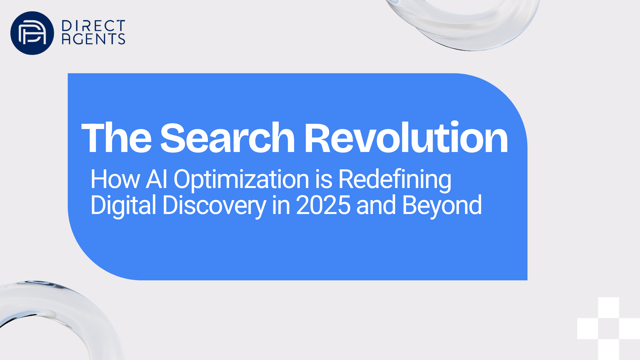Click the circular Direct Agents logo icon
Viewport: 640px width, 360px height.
[32, 33]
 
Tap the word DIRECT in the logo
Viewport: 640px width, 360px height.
[93, 26]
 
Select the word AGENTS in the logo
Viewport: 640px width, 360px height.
[93, 39]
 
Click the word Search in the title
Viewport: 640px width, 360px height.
[228, 138]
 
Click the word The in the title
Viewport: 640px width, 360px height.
[117, 138]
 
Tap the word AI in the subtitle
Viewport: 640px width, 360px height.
[157, 179]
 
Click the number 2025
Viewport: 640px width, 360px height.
[323, 205]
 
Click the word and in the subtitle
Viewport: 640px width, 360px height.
[376, 205]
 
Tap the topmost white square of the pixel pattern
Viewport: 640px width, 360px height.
[609, 308]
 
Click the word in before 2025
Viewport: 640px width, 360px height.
[281, 205]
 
